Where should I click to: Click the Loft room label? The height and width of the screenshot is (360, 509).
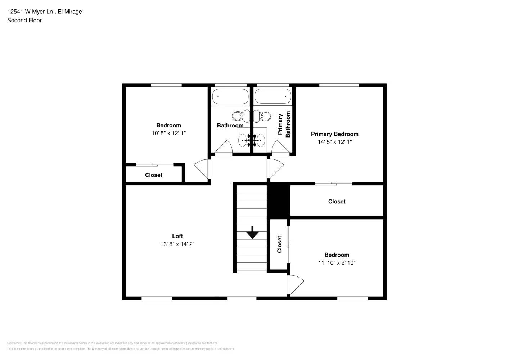tap(177, 236)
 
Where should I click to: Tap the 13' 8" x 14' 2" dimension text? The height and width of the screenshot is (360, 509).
tap(177, 244)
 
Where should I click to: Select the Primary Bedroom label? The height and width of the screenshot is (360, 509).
tap(334, 134)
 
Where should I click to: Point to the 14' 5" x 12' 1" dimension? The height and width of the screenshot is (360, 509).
tap(334, 142)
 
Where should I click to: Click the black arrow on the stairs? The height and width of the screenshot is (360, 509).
tap(252, 233)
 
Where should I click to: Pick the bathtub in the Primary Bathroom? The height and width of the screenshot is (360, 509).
tap(273, 96)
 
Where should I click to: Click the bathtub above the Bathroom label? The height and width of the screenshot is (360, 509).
tap(230, 96)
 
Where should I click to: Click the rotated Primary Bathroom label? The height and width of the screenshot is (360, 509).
tap(284, 124)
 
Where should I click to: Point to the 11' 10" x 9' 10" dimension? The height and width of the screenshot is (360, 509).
tap(337, 263)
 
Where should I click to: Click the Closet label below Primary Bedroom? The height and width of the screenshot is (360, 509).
tap(337, 202)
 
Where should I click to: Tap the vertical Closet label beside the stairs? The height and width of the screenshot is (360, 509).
tap(279, 244)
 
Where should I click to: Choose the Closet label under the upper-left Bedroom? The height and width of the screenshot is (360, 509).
tap(153, 175)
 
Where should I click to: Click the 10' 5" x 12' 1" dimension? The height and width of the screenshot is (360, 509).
tap(168, 133)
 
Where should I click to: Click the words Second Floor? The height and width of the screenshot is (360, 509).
tap(24, 20)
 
